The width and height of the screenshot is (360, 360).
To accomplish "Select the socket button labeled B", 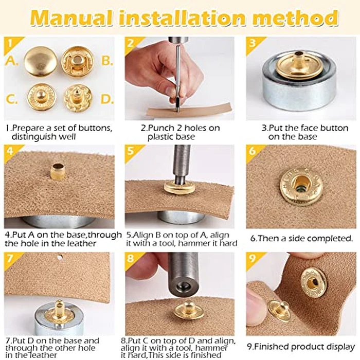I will pyautogui.click(x=78, y=61).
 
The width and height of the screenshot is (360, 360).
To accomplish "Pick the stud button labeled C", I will pyautogui.click(x=41, y=96).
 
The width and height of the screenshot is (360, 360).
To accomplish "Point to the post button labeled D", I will pyautogui.click(x=78, y=96).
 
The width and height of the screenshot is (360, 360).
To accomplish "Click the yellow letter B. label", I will pyautogui.click(x=106, y=61).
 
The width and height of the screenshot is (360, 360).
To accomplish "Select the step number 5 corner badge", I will pyautogui.click(x=131, y=151).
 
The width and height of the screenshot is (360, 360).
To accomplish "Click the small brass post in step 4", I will pyautogui.click(x=57, y=171).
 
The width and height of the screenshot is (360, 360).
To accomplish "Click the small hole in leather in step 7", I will pyautogui.click(x=60, y=257).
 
